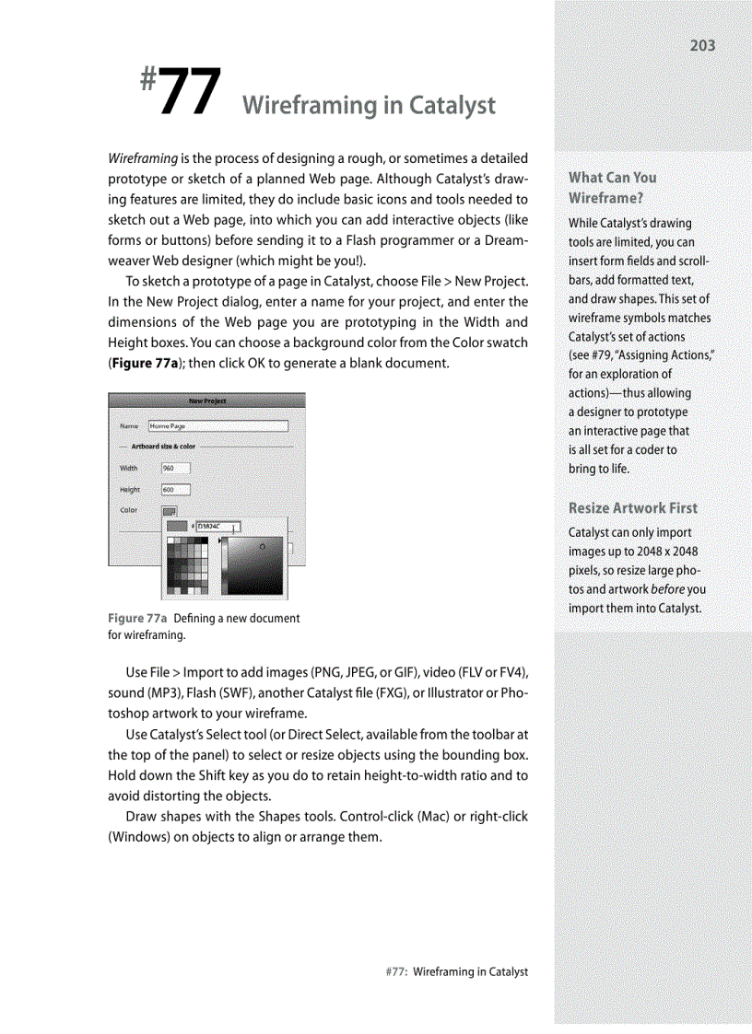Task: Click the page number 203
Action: click(x=702, y=45)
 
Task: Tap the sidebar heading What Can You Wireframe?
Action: click(x=612, y=187)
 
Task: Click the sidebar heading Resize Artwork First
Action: click(x=632, y=507)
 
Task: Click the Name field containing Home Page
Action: click(x=217, y=426)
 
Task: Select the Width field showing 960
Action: click(x=175, y=468)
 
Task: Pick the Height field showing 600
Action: click(x=175, y=490)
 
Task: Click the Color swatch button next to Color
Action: click(x=170, y=511)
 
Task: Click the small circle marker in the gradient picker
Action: click(x=263, y=547)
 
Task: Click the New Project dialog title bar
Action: click(x=206, y=401)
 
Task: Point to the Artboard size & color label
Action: click(x=163, y=447)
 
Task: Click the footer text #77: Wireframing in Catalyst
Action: click(x=456, y=971)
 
